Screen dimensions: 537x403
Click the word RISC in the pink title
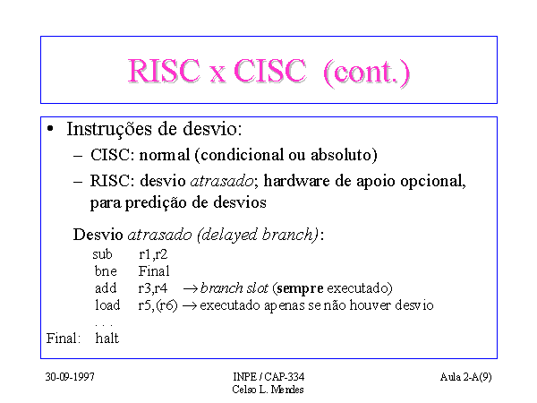164,71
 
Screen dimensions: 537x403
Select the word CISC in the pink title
269,71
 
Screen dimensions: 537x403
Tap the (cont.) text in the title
366,72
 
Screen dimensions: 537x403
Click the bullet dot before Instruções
50,129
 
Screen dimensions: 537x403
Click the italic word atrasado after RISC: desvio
222,181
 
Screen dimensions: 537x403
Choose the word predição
156,203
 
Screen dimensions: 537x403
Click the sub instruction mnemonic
102,254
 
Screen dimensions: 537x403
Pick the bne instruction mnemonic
106,271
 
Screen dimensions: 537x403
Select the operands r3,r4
153,288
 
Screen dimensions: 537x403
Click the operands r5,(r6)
158,305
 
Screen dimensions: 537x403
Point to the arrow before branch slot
191,289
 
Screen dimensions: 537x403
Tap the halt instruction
107,339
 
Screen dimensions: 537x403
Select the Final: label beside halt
64,339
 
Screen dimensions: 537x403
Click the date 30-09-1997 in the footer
70,377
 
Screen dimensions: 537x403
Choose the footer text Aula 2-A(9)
465,377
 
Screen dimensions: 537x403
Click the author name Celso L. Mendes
268,390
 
